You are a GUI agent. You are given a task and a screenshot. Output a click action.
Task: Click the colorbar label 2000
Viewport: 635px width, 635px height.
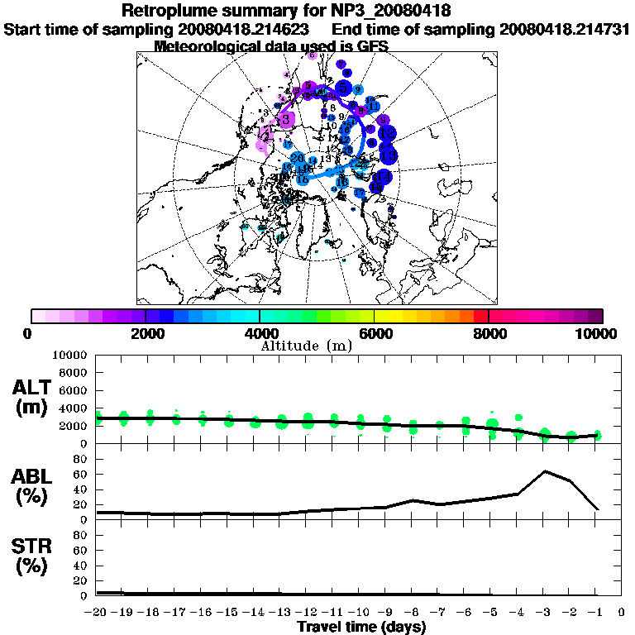tap(146, 334)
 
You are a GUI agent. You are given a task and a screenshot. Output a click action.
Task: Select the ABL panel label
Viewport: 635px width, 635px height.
tap(34, 485)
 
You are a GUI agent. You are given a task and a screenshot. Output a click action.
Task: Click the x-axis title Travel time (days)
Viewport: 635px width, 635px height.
tap(361, 628)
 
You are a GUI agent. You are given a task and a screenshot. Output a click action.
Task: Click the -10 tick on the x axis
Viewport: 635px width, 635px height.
tap(360, 613)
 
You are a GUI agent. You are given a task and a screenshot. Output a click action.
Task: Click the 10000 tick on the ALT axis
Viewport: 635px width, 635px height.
tap(70, 355)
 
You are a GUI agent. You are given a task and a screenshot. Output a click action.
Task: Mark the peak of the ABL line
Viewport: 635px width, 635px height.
tap(545, 471)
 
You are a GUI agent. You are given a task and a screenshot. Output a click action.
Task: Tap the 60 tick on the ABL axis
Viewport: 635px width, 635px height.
tap(82, 475)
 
